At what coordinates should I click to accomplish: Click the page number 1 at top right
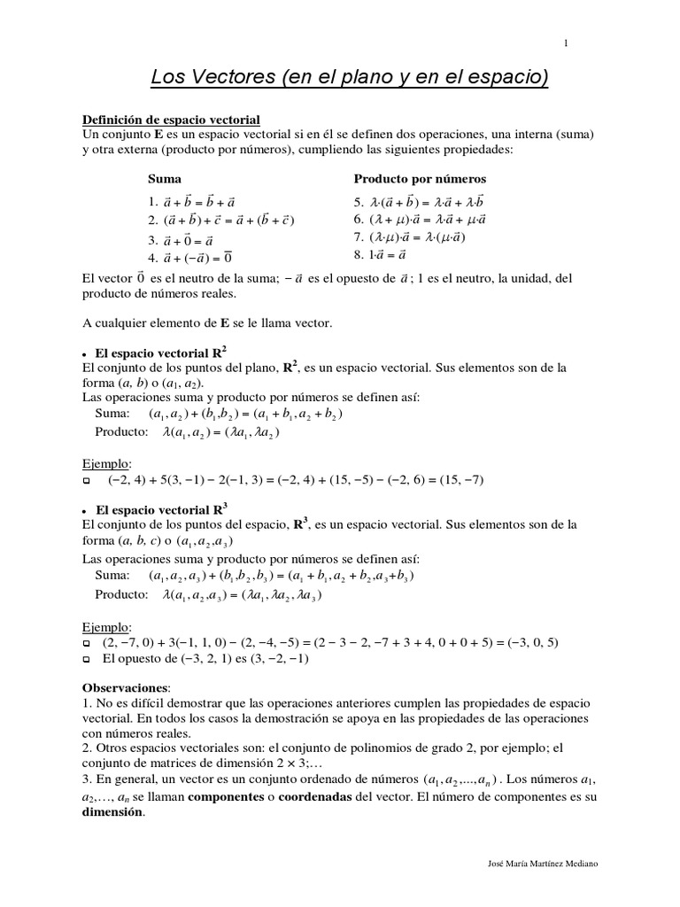coord(566,43)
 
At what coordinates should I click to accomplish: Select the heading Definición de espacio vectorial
coord(171,120)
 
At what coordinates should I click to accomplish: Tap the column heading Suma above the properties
coord(165,179)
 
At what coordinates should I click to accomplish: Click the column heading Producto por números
coord(420,179)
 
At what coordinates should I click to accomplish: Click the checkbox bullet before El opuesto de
coord(87,660)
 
